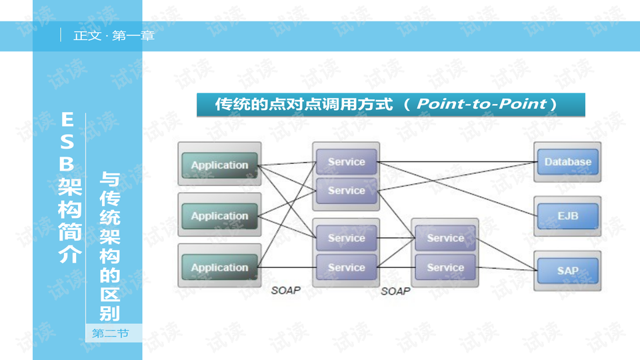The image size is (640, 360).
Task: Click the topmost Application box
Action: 219,165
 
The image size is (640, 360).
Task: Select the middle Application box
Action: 219,216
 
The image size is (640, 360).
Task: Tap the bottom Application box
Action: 219,267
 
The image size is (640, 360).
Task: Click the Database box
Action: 567,161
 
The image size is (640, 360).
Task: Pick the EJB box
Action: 567,216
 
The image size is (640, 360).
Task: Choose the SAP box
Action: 567,271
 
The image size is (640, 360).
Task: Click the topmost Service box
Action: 346,161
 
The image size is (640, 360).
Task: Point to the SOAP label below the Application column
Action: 286,291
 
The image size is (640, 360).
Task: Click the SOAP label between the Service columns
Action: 395,291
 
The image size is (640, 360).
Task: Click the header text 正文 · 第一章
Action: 114,36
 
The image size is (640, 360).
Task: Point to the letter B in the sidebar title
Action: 68,164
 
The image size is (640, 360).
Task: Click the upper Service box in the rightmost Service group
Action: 445,238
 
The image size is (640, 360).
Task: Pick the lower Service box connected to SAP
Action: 445,267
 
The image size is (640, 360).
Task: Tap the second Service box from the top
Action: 346,190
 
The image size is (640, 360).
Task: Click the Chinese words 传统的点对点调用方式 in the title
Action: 303,105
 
